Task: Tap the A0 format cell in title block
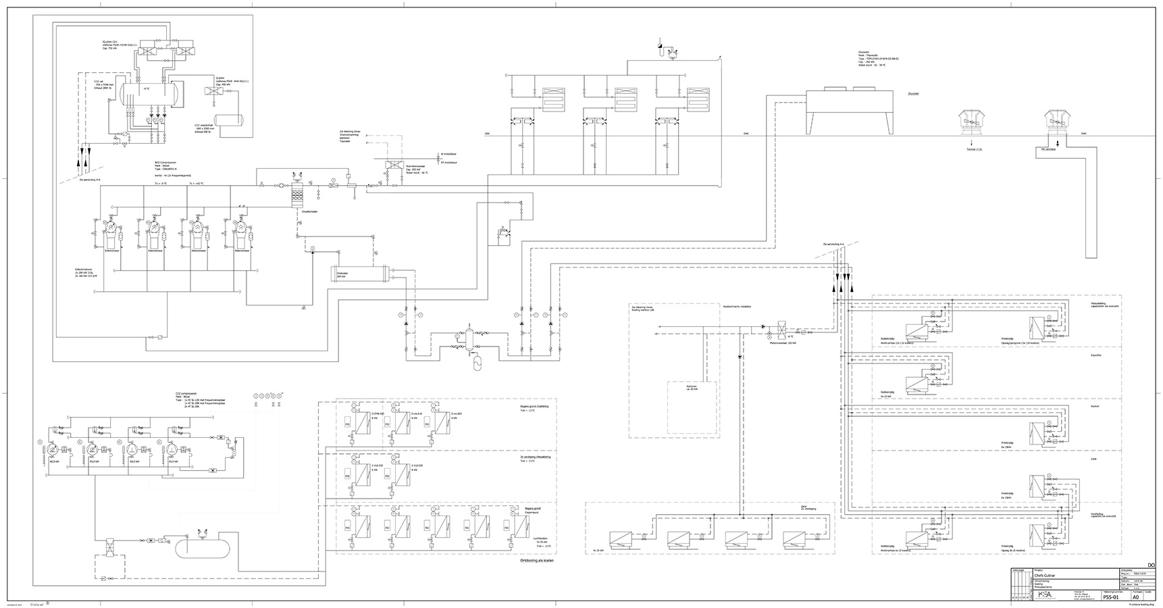1135,597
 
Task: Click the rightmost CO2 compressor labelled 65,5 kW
174,449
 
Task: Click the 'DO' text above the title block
1151,564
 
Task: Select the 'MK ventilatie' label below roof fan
1049,149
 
